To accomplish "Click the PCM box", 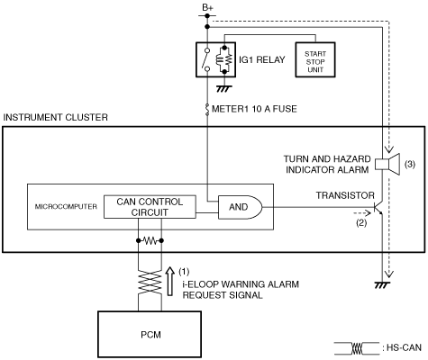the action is pyautogui.click(x=150, y=334).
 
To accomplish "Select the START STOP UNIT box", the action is pyautogui.click(x=315, y=59).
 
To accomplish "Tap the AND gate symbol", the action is pyautogui.click(x=240, y=207).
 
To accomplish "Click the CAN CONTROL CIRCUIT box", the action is pyautogui.click(x=150, y=207).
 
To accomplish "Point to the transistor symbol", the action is pyautogui.click(x=378, y=207).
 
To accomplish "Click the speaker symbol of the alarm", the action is pyautogui.click(x=387, y=164).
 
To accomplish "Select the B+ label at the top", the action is pyautogui.click(x=207, y=8).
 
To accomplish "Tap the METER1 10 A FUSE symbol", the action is pyautogui.click(x=207, y=109).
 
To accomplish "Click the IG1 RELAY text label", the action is pyautogui.click(x=262, y=59).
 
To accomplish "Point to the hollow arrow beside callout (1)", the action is pyautogui.click(x=170, y=281).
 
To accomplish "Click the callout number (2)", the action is pyautogui.click(x=361, y=222).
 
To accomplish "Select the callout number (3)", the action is pyautogui.click(x=410, y=164).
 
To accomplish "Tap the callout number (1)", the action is pyautogui.click(x=184, y=272).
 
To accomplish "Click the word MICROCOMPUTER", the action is pyautogui.click(x=66, y=206).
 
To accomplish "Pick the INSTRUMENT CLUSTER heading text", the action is pyautogui.click(x=55, y=117).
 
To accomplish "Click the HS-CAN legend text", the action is pyautogui.click(x=404, y=347).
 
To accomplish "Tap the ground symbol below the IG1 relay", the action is pyautogui.click(x=224, y=89).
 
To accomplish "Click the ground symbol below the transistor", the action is pyautogui.click(x=382, y=285).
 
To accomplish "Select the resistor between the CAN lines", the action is pyautogui.click(x=150, y=240).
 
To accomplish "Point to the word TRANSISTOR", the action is pyautogui.click(x=345, y=195).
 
